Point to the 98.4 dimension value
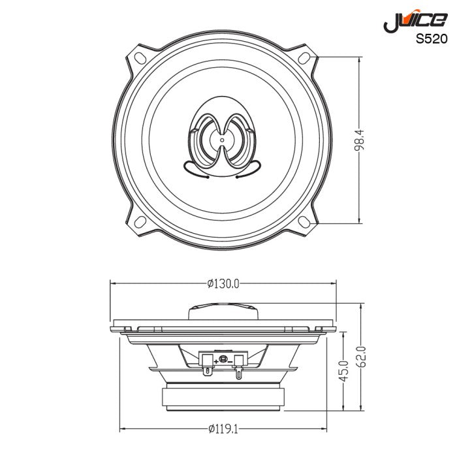pos(359,140)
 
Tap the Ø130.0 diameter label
pos(224,283)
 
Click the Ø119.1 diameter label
pos(224,429)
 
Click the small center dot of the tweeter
pos(222,139)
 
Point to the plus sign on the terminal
pos(216,361)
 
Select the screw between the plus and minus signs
pos(223,360)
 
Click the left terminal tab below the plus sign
pos(208,372)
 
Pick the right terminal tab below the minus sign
pos(238,373)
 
